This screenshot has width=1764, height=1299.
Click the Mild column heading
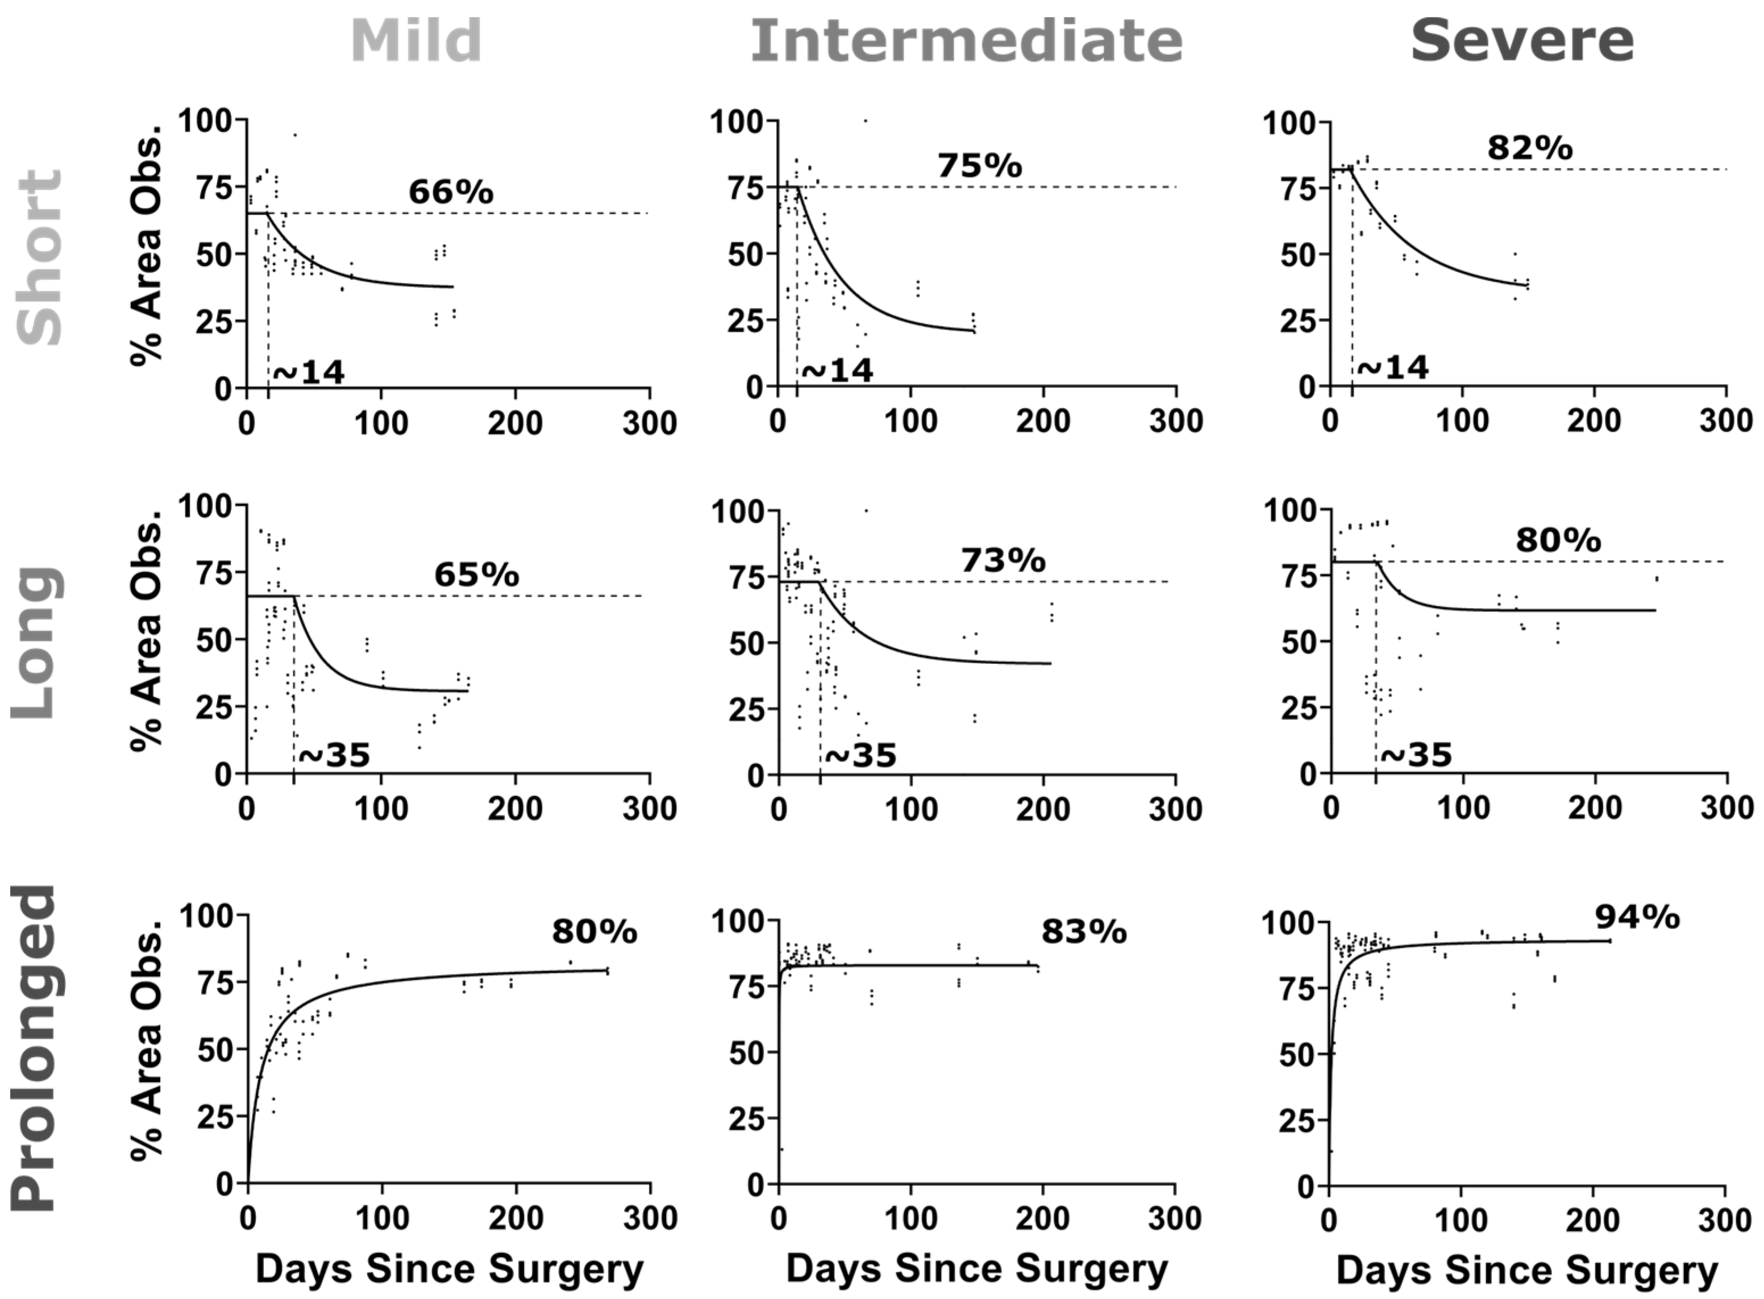point(416,41)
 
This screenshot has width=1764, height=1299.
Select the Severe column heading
point(1522,41)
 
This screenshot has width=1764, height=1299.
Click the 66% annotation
point(451,192)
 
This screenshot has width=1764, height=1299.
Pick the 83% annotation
point(1084,932)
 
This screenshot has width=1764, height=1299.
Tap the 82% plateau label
point(1530,148)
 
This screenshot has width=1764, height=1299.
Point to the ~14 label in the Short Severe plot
point(1393,367)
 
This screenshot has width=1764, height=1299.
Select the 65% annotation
point(477,575)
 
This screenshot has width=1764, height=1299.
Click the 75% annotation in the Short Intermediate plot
point(979,166)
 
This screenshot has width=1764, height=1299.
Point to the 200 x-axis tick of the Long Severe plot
point(1595,809)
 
